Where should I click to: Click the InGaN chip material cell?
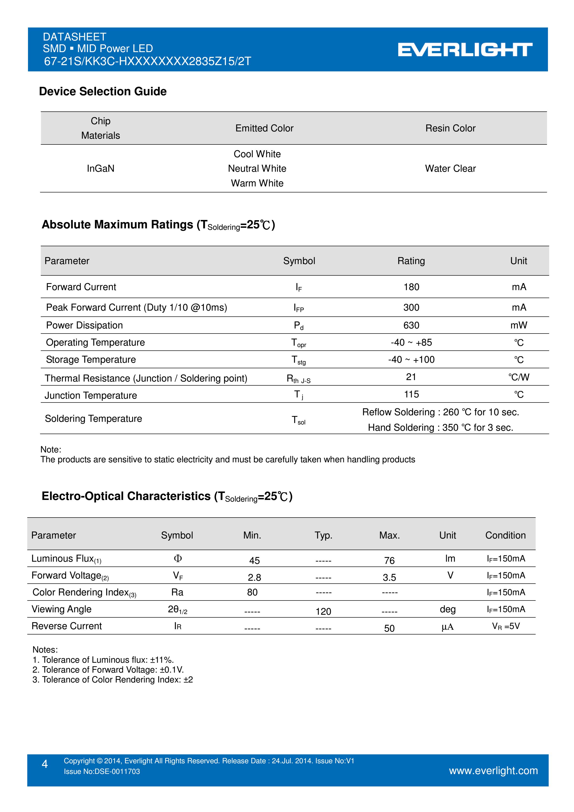[101, 168]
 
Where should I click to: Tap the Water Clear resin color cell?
[450, 168]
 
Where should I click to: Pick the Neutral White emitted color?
[257, 168]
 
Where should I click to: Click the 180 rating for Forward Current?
[411, 287]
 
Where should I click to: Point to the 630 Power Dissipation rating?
[411, 325]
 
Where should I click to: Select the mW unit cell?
[519, 325]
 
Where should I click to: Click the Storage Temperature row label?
[91, 360]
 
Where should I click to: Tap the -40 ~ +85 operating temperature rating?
[411, 342]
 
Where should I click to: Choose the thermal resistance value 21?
[411, 377]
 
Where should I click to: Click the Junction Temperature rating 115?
[411, 394]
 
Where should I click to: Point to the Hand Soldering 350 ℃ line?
[440, 428]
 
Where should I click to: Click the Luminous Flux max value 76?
[389, 560]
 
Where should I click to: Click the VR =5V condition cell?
[506, 626]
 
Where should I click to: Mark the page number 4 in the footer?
[45, 764]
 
